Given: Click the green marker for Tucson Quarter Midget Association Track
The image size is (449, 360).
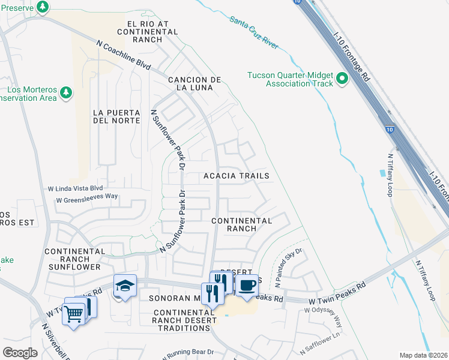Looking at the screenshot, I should pos(342,79).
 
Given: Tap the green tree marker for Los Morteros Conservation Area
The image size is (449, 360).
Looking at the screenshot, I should pos(66,93).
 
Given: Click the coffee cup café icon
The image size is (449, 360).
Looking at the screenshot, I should pos(246,285).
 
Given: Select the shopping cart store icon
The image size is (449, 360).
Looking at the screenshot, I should pos(74,312).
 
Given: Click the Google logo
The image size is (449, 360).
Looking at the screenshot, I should pos(20,352).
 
